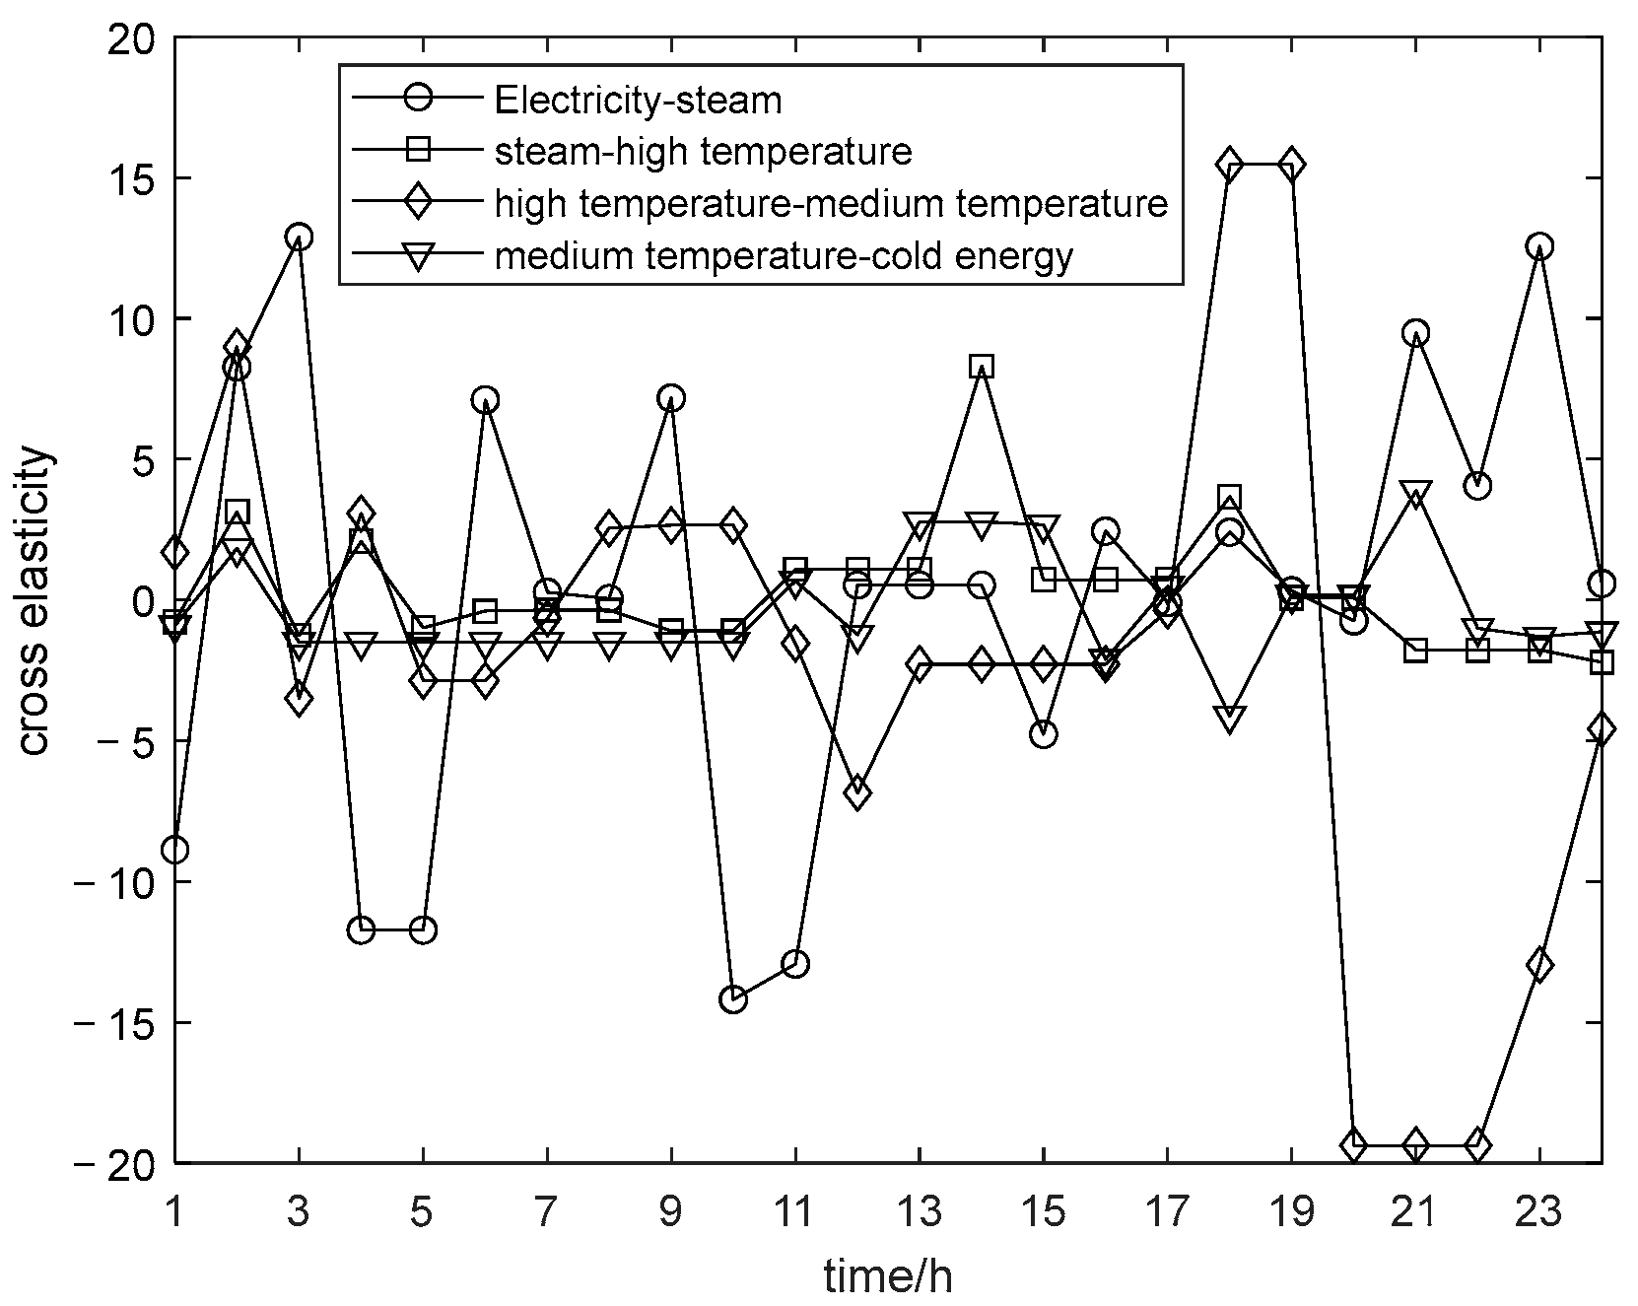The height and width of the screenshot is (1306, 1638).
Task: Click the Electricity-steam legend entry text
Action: point(638,100)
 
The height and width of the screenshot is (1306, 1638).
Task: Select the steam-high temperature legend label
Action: point(703,152)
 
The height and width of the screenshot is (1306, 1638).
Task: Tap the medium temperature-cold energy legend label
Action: point(784,256)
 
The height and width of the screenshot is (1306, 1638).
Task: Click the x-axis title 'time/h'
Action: point(888,1277)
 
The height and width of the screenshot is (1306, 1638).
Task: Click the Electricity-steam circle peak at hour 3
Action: point(299,237)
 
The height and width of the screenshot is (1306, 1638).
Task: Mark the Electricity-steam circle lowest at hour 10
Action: point(733,999)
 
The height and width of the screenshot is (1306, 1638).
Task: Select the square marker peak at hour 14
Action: point(981,367)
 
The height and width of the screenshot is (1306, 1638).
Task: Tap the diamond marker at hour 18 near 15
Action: point(1229,164)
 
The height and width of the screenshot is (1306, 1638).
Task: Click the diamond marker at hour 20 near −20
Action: point(1353,1145)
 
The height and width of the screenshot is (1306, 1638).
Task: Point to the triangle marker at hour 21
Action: point(1415,495)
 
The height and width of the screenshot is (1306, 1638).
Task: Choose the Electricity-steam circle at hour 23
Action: point(1539,246)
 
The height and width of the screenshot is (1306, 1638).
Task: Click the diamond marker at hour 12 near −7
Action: point(856,792)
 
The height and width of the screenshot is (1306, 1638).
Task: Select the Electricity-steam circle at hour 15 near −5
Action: point(1044,734)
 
